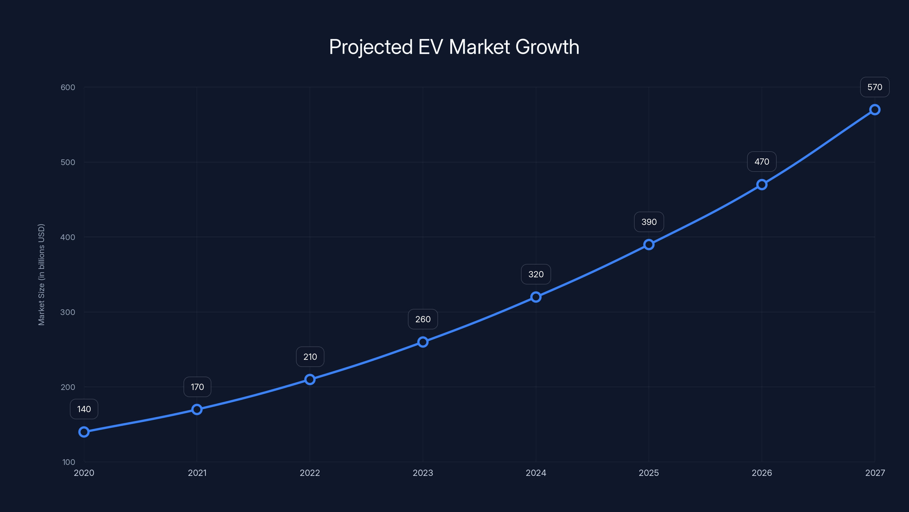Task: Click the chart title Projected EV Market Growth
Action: tap(454, 47)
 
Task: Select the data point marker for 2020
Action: tap(84, 432)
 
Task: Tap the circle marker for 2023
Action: tap(423, 342)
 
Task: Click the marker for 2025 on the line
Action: tap(649, 245)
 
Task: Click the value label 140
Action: tap(84, 409)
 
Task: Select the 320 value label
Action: tap(536, 274)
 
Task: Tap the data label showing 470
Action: tap(762, 162)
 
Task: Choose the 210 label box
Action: tap(310, 357)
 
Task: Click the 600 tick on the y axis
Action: tap(68, 87)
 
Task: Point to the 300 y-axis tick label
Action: tap(68, 312)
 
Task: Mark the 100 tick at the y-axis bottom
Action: tap(69, 462)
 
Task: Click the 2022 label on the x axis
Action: tap(310, 473)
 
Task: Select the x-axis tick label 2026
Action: tap(762, 473)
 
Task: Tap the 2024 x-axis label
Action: tap(536, 473)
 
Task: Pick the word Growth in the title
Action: tap(547, 47)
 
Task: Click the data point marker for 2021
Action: tap(197, 410)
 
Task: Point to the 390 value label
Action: tap(649, 222)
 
